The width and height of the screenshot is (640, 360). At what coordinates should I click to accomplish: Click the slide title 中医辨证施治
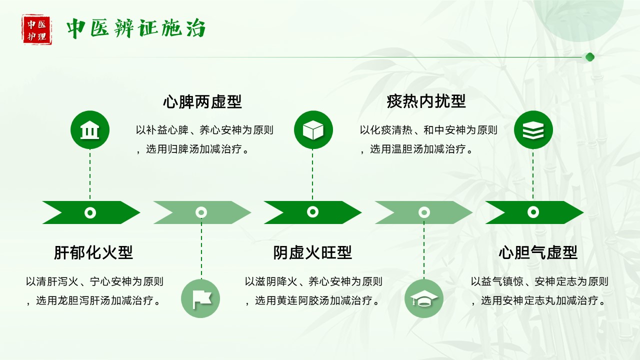[x=136, y=29]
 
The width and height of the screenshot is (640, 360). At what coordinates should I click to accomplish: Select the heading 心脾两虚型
[x=202, y=102]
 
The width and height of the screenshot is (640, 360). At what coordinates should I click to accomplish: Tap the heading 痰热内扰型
[x=426, y=101]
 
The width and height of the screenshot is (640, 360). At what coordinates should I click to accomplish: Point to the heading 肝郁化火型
[x=93, y=252]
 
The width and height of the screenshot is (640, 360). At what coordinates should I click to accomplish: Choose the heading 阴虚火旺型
[x=312, y=252]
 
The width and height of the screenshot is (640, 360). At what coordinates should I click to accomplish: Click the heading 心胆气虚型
[x=538, y=252]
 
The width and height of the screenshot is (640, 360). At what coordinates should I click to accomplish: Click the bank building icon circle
[x=90, y=130]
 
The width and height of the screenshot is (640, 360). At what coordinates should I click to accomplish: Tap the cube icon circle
[x=313, y=130]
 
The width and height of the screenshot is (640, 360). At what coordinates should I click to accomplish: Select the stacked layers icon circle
[x=533, y=130]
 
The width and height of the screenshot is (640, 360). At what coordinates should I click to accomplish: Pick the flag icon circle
[x=200, y=298]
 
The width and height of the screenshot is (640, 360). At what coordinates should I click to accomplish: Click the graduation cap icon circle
[x=423, y=298]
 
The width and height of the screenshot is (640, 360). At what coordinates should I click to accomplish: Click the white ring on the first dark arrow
[x=90, y=212]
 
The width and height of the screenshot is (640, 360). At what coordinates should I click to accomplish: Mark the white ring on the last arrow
[x=533, y=212]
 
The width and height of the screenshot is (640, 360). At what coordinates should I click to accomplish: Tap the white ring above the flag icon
[x=201, y=212]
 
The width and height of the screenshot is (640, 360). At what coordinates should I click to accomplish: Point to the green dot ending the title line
[x=589, y=57]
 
